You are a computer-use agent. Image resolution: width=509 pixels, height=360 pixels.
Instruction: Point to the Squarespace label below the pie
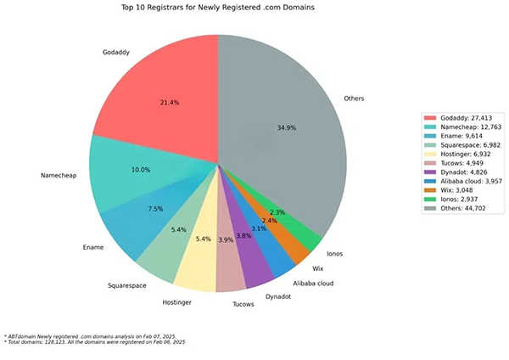tap(130, 286)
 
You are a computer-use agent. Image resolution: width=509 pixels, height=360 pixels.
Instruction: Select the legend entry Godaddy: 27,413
tap(462, 118)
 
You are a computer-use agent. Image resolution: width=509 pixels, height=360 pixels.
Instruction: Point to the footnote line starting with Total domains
tap(95, 341)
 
